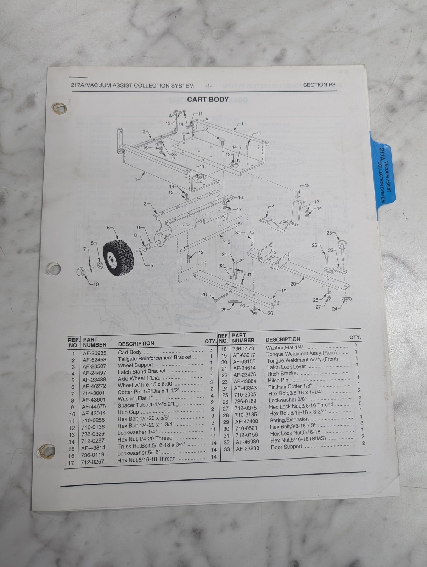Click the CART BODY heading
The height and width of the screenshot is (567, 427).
[208, 100]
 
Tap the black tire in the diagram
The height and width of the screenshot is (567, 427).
[118, 258]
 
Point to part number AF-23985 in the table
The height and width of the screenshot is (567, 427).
[94, 353]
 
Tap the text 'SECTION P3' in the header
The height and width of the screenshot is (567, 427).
[319, 85]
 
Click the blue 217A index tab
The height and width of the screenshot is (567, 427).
[383, 176]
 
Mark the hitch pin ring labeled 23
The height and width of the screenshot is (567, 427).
[341, 244]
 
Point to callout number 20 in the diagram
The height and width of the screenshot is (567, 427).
[293, 284]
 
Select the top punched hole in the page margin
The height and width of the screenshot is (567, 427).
[60, 108]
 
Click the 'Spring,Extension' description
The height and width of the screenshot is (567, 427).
[289, 420]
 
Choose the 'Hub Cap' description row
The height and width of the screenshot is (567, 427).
[128, 412]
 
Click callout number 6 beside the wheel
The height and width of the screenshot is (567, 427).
[108, 228]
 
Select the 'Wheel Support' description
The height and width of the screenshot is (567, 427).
[135, 365]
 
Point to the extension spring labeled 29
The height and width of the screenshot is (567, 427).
[235, 301]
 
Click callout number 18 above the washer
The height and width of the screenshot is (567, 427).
[307, 185]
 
